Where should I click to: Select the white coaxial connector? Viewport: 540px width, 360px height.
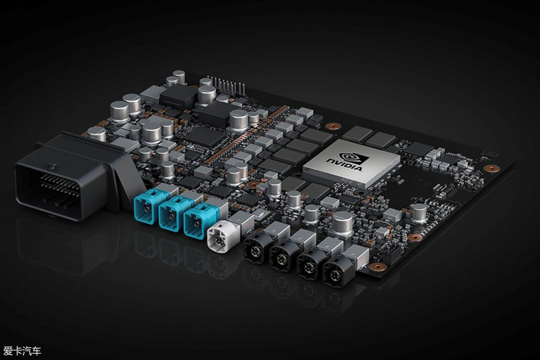(218, 236)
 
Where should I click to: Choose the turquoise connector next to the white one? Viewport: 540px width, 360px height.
(196, 221)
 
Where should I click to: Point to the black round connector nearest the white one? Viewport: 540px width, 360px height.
(255, 246)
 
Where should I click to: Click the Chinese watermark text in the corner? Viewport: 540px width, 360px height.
(22, 351)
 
